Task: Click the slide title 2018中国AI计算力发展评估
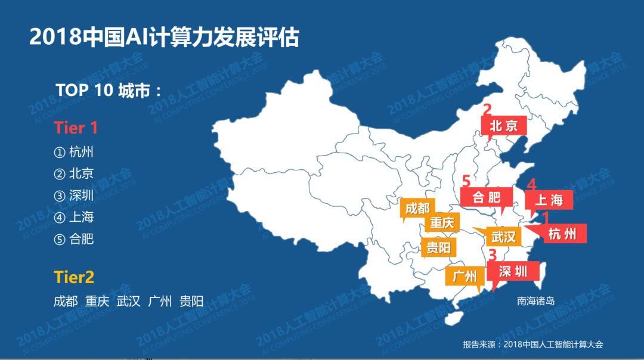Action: click(164, 38)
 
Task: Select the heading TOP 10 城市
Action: click(109, 90)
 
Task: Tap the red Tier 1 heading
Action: click(75, 128)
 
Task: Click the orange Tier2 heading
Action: click(74, 277)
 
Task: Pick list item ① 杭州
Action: click(74, 152)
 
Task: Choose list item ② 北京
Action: click(74, 174)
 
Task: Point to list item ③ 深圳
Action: click(74, 195)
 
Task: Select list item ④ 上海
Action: click(74, 217)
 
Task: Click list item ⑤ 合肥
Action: click(74, 239)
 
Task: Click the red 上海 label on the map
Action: click(549, 200)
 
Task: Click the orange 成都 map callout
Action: click(417, 208)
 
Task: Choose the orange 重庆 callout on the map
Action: click(442, 224)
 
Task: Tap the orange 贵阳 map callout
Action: click(438, 247)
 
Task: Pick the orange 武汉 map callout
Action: click(503, 237)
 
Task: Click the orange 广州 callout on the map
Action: click(465, 277)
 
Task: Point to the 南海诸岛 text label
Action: click(535, 301)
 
